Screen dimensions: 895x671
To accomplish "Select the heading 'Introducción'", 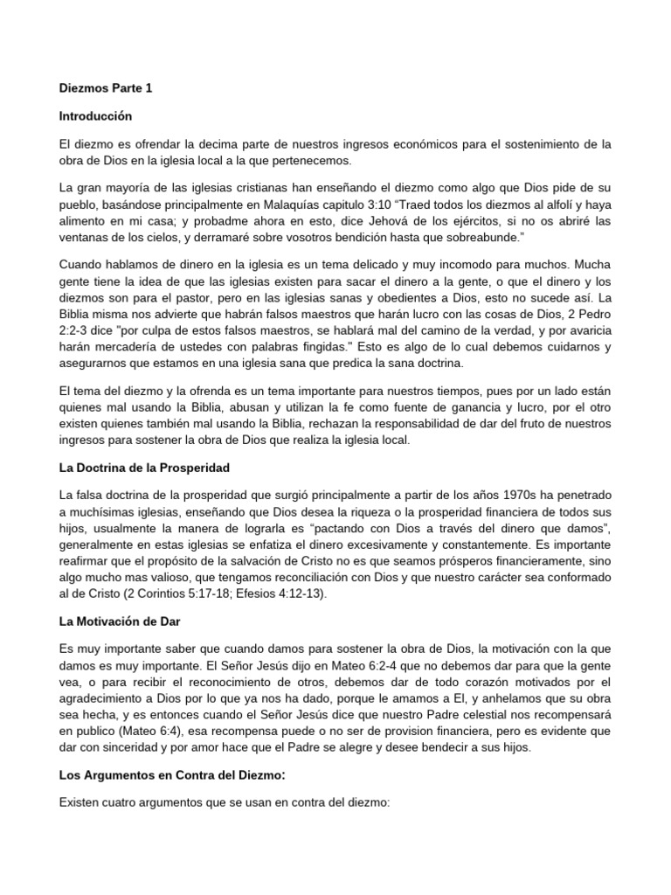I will (95, 115).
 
